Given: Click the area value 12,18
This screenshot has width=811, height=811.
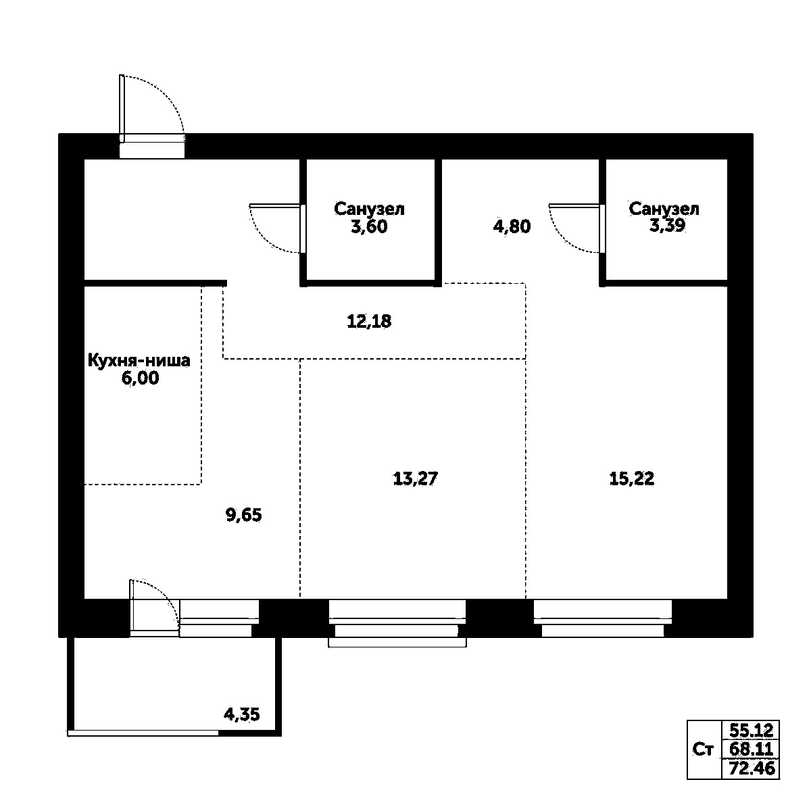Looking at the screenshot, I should pyautogui.click(x=369, y=322).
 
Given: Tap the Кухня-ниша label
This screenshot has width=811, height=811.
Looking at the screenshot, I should pyautogui.click(x=139, y=361).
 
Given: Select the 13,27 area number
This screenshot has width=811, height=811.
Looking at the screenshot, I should pyautogui.click(x=416, y=479).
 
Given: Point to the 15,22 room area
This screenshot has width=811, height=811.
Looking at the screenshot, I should pyautogui.click(x=632, y=479).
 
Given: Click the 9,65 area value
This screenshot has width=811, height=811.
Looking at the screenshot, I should pyautogui.click(x=243, y=516).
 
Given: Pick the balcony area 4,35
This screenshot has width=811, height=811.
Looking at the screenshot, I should pyautogui.click(x=242, y=714).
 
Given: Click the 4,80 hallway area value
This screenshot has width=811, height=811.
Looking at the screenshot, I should pyautogui.click(x=512, y=226).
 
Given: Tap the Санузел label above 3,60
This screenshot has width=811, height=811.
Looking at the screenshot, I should pyautogui.click(x=369, y=209).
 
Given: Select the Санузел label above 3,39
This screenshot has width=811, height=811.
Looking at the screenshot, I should pyautogui.click(x=664, y=209).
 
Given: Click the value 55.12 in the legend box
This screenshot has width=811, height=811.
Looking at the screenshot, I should pyautogui.click(x=751, y=730).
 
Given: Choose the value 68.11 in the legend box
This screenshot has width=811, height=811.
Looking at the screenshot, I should pyautogui.click(x=751, y=749).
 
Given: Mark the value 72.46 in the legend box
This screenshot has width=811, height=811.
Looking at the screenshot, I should pyautogui.click(x=751, y=768).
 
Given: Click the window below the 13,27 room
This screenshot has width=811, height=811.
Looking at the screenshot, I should pyautogui.click(x=397, y=620).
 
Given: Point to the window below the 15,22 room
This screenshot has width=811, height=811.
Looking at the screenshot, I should pyautogui.click(x=603, y=619).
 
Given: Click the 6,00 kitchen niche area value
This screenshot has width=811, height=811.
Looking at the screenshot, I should pyautogui.click(x=140, y=378).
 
